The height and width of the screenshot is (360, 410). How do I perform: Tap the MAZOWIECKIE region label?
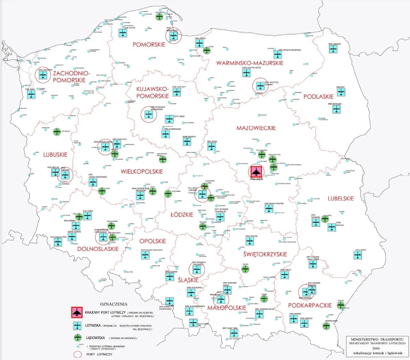pos(256,128)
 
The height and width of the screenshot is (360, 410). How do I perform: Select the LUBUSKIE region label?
pos(55,155)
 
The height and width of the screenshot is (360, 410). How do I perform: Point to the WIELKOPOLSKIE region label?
pos(142,172)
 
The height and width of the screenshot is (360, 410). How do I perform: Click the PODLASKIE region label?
pos(318,96)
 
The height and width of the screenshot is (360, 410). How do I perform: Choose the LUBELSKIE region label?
pos(340,199)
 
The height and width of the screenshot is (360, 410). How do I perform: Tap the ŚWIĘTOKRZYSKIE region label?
pos(265,254)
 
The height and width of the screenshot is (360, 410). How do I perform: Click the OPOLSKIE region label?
pos(152,241)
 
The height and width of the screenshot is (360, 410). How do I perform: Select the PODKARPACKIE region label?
pos(310,306)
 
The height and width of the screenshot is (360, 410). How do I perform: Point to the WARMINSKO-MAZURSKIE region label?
pos(250,63)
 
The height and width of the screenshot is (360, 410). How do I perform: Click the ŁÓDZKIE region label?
pos(182,215)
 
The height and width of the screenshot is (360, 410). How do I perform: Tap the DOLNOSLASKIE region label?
pos(98,249)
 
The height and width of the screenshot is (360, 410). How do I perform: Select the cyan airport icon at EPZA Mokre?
pos(358,255)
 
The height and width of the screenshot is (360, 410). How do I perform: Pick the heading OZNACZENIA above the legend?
pos(114,304)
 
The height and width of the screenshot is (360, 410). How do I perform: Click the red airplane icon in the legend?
pos(77,313)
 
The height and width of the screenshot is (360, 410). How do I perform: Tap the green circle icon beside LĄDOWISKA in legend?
pos(77,338)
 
